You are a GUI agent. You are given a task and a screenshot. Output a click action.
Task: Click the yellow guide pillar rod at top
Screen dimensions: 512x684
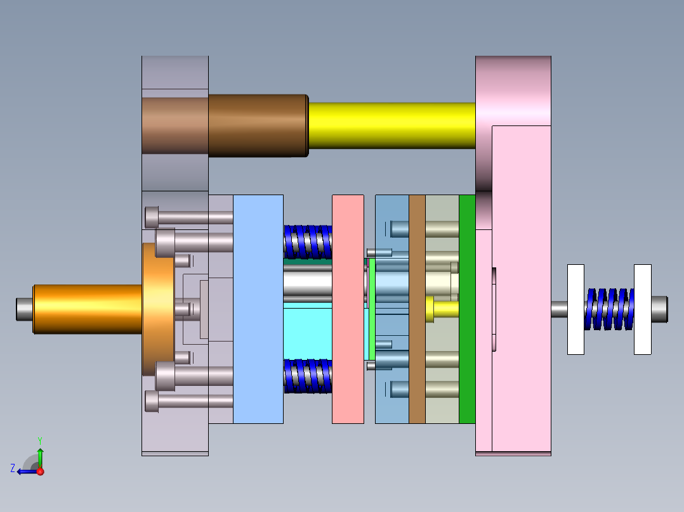click(x=390, y=125)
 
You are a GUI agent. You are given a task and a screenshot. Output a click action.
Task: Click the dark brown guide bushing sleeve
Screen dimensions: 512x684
click(x=257, y=125)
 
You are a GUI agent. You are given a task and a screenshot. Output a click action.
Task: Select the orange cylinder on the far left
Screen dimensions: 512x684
click(x=87, y=309)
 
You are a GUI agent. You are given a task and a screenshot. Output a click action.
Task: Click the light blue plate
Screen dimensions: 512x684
click(x=258, y=309)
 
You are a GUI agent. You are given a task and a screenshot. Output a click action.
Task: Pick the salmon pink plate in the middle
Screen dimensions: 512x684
click(x=348, y=309)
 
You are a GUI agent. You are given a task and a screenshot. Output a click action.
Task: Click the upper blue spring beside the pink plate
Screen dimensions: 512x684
click(x=308, y=242)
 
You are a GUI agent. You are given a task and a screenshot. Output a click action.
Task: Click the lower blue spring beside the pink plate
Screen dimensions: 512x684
click(x=308, y=376)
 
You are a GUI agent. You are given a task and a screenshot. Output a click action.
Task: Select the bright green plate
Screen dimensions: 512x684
click(x=467, y=309)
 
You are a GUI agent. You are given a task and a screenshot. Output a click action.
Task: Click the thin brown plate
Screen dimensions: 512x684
click(x=417, y=309)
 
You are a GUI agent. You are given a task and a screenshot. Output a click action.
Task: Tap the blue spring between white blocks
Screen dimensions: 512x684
click(x=608, y=309)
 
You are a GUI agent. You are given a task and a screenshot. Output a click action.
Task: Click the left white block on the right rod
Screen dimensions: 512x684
click(x=575, y=309)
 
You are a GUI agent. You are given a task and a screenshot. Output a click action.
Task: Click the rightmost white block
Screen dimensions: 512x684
click(x=642, y=309)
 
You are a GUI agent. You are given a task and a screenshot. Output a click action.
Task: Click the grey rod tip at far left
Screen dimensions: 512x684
click(x=24, y=309)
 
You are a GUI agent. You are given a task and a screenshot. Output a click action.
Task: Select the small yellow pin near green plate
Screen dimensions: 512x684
click(x=444, y=309)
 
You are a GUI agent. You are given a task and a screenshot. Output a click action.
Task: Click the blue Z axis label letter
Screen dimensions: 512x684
click(x=13, y=468)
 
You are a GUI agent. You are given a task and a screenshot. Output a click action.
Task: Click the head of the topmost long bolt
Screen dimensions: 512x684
click(x=152, y=217)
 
